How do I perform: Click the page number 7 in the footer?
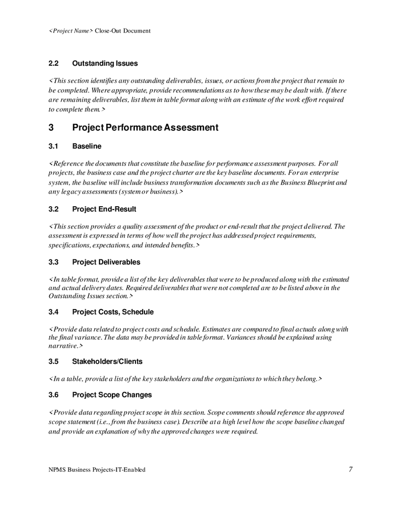[350, 469]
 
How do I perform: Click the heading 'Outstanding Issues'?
[105, 63]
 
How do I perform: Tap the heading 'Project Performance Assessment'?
[145, 127]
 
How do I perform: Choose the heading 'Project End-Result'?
[104, 209]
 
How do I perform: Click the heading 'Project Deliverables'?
[106, 262]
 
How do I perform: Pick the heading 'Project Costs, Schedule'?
[113, 312]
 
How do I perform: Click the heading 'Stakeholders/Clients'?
[107, 362]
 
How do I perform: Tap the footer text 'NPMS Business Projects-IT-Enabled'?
[97, 469]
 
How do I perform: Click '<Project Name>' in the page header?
[70, 31]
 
